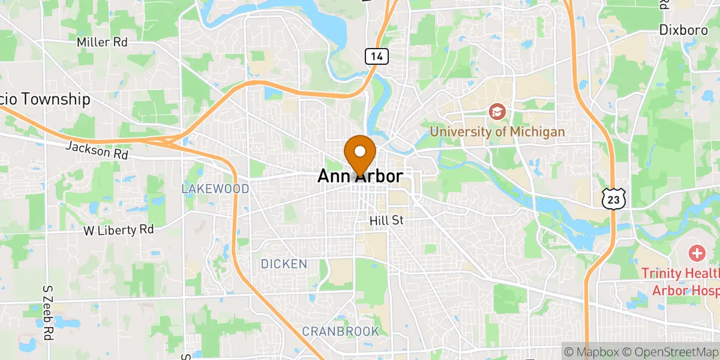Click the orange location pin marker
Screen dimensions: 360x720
click(x=360, y=154)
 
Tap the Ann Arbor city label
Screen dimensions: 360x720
click(x=360, y=176)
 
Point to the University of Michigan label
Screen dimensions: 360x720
click(x=497, y=131)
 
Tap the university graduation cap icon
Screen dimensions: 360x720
click(x=497, y=111)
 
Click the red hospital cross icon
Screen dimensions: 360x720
click(x=697, y=253)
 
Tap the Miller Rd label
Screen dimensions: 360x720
click(x=102, y=43)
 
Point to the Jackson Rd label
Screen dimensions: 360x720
click(x=97, y=150)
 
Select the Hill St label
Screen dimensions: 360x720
click(x=386, y=221)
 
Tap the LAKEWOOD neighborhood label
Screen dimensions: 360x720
click(x=215, y=189)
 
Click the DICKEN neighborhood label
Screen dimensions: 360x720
click(x=284, y=264)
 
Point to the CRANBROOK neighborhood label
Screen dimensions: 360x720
click(x=340, y=331)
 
